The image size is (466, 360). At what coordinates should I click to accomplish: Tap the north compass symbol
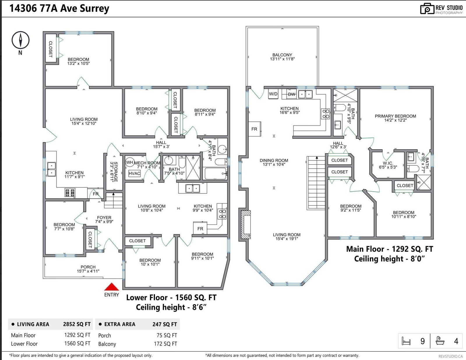coord(20,40)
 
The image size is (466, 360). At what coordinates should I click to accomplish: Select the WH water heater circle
coord(130,162)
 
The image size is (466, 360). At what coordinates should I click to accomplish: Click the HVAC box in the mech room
coord(135,173)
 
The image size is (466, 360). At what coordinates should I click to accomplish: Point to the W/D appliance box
coord(273,94)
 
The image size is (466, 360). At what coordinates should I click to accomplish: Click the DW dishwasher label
coord(292,94)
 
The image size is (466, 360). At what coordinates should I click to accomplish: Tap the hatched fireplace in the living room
coord(246,224)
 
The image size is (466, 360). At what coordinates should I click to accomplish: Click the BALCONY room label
coord(282,55)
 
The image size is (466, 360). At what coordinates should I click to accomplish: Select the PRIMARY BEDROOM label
coord(395,116)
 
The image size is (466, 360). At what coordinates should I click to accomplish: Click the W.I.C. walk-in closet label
coord(388,163)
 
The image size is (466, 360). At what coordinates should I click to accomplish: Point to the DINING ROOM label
coord(274,160)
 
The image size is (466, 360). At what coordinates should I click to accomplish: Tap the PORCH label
coord(88,267)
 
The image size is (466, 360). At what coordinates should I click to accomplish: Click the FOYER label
coord(104,217)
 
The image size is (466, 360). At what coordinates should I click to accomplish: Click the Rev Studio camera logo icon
coord(427,9)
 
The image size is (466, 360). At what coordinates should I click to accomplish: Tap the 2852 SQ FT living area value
coord(77,324)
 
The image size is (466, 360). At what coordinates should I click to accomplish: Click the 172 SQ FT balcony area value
coord(165,344)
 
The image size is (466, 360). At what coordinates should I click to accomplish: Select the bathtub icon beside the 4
coord(440,341)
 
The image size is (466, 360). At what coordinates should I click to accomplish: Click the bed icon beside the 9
coord(406,341)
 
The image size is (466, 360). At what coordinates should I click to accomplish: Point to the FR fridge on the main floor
coord(255,129)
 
